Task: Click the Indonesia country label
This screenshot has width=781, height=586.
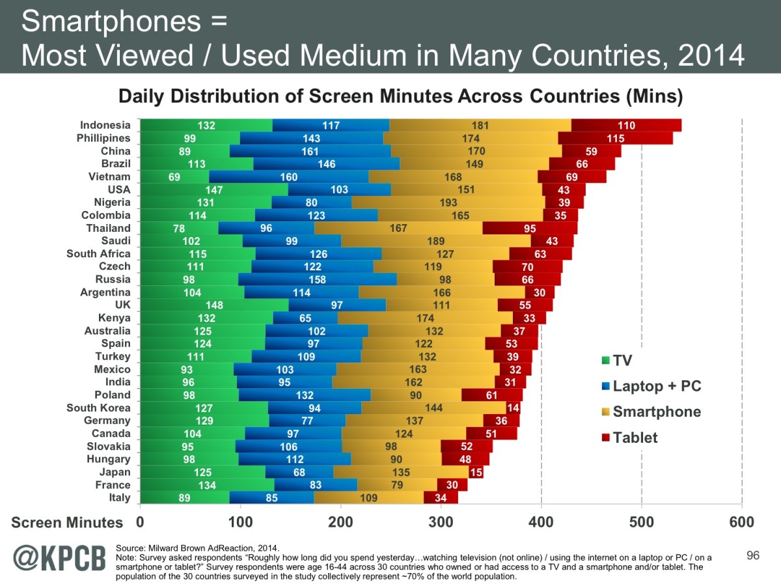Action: point(105,125)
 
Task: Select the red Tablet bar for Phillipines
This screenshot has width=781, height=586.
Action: point(615,138)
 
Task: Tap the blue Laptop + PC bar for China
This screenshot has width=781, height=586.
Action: point(310,151)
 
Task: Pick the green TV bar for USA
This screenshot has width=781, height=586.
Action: point(214,189)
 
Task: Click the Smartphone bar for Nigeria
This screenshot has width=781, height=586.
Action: point(448,202)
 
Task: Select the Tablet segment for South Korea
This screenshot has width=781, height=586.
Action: point(514,408)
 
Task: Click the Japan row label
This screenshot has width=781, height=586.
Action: point(114,472)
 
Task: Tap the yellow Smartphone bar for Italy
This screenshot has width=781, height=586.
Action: point(368,498)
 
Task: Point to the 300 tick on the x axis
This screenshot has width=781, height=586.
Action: point(441,522)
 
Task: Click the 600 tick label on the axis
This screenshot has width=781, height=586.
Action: point(741,522)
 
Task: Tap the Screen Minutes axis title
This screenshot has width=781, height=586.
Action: point(68,523)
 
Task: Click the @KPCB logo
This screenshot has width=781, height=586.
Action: point(59,559)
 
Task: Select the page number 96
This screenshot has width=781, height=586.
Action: point(753,555)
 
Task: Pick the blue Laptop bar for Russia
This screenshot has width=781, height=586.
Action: point(317,279)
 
